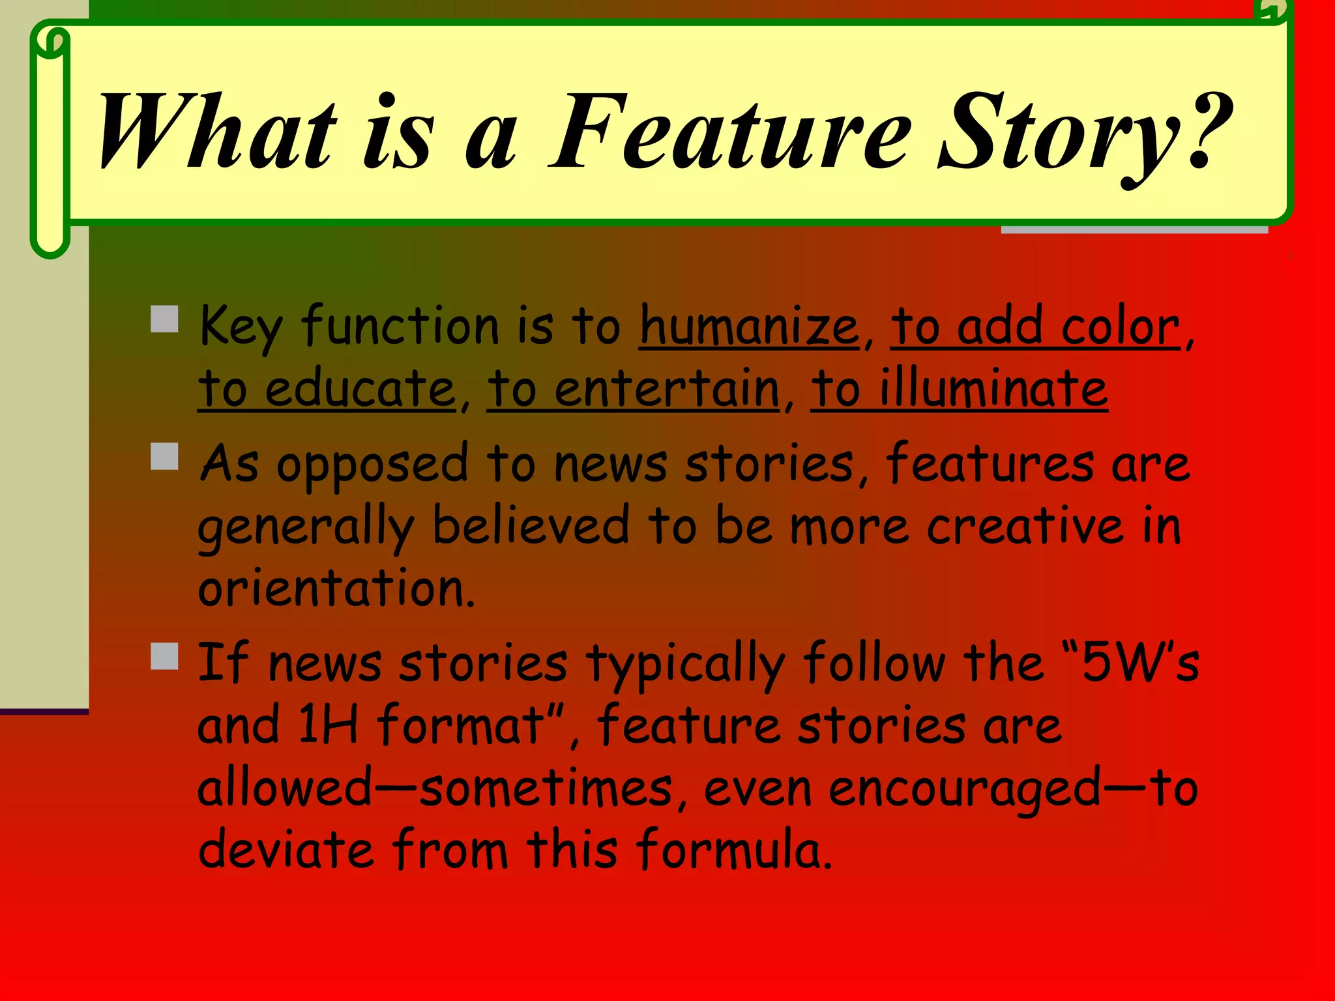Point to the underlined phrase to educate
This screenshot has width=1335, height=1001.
327,389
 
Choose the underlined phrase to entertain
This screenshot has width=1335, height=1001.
633,389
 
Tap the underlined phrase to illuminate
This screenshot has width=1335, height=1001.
959,389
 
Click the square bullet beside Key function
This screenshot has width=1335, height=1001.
164,319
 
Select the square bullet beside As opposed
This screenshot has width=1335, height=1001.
164,456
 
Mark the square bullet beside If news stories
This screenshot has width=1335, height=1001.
164,656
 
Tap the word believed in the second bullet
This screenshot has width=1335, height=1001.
531,527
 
